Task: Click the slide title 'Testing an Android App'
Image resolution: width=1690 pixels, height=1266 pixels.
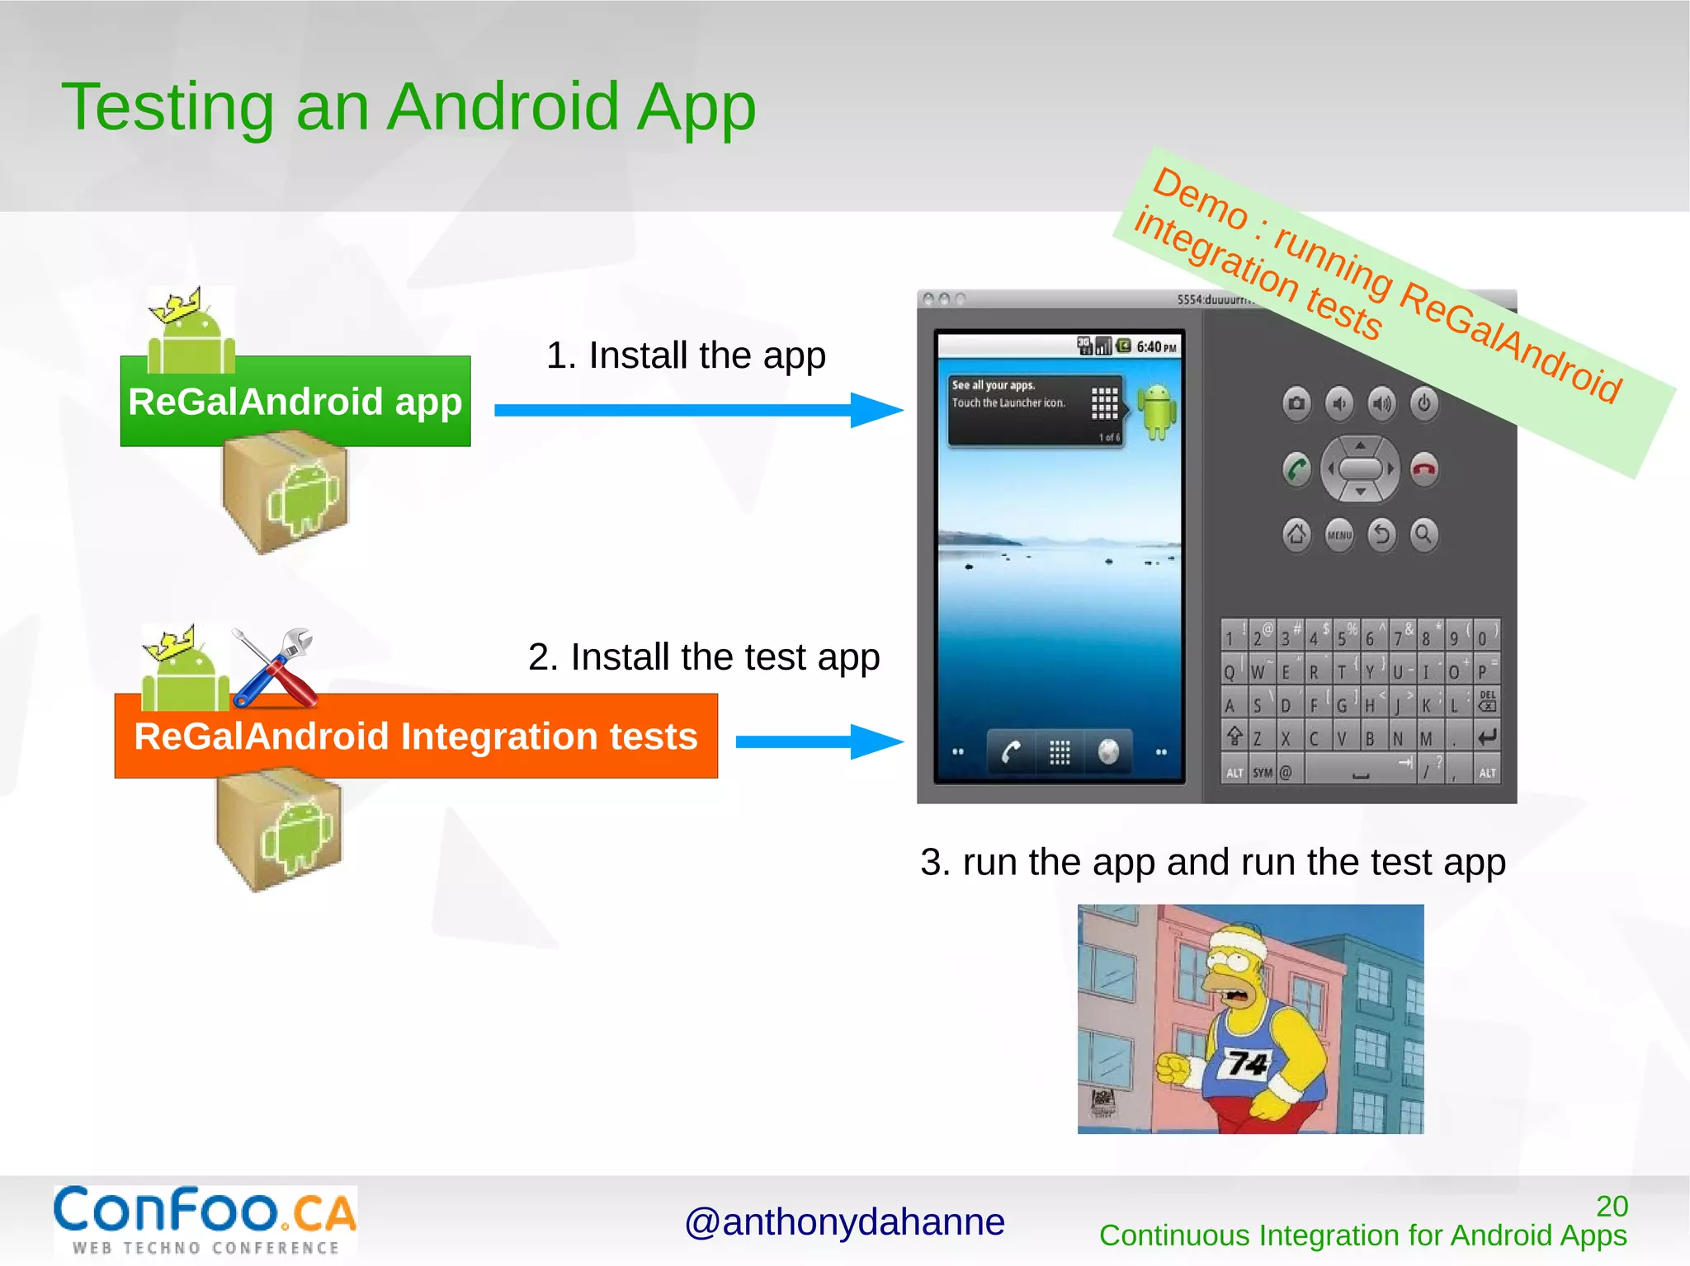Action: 408,107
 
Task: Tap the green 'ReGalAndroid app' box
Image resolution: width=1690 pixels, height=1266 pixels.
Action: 295,402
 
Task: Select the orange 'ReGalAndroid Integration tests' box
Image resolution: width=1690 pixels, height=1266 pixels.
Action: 416,736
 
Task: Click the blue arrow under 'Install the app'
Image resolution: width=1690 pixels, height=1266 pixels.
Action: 697,410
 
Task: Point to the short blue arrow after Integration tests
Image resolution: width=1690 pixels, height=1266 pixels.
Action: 817,741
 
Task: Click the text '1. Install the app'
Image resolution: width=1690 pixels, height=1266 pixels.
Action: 686,355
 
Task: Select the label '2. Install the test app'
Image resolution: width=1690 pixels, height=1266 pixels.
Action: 704,657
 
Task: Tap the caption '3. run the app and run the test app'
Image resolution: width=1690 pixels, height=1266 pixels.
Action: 1212,863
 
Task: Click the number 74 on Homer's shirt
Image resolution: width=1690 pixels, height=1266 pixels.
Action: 1247,1063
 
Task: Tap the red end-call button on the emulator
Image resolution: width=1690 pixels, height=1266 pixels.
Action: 1424,470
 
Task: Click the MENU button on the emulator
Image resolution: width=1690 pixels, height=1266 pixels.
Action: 1338,535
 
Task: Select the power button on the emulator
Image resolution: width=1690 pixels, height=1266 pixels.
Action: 1423,404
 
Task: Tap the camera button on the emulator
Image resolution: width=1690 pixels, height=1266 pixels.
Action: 1296,404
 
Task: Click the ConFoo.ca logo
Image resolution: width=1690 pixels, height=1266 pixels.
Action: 205,1220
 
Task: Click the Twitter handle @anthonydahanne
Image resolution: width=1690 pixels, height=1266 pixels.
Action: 844,1222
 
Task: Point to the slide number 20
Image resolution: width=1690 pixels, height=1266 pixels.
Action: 1612,1207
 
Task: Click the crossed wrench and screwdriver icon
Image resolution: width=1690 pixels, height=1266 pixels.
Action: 275,668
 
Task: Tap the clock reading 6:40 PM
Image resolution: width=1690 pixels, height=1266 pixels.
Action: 1156,347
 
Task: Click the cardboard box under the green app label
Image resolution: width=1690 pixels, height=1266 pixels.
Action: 286,493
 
